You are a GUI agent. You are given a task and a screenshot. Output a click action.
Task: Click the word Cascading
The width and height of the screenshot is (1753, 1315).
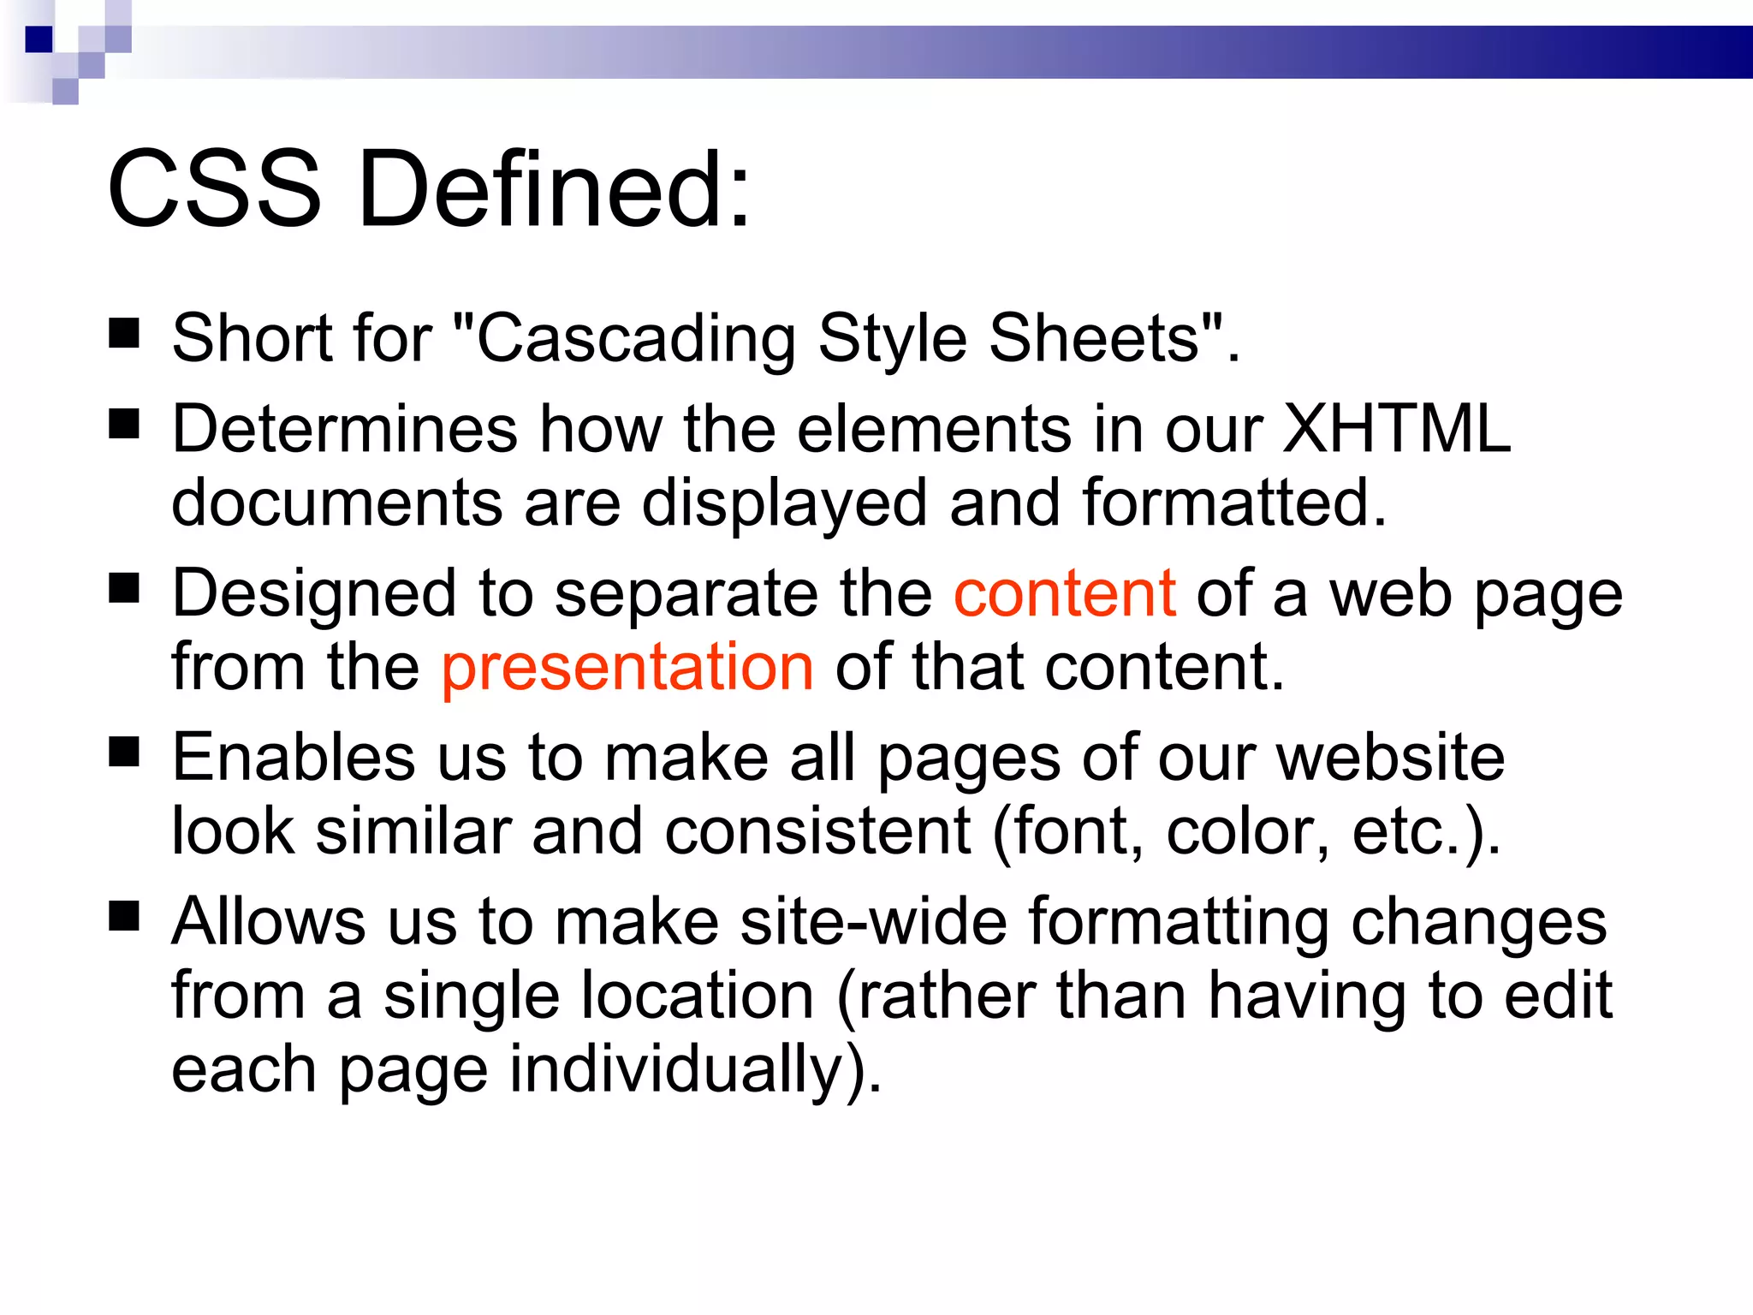(636, 339)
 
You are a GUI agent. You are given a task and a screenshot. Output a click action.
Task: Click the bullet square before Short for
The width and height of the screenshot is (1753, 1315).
(125, 334)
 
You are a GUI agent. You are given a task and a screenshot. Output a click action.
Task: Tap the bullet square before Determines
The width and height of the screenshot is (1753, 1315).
(125, 424)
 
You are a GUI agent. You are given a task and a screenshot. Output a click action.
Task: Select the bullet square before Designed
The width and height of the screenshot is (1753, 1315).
(125, 588)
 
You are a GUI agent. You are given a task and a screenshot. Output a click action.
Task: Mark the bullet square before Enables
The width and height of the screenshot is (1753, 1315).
(125, 753)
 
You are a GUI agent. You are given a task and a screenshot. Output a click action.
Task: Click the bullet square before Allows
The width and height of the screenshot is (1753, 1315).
(125, 917)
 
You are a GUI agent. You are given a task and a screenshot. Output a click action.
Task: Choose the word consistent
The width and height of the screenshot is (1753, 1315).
(817, 830)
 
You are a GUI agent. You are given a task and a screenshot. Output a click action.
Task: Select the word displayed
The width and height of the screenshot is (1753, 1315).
(784, 503)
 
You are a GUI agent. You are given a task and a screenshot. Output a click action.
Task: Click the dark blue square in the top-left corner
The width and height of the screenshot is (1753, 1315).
(39, 39)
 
